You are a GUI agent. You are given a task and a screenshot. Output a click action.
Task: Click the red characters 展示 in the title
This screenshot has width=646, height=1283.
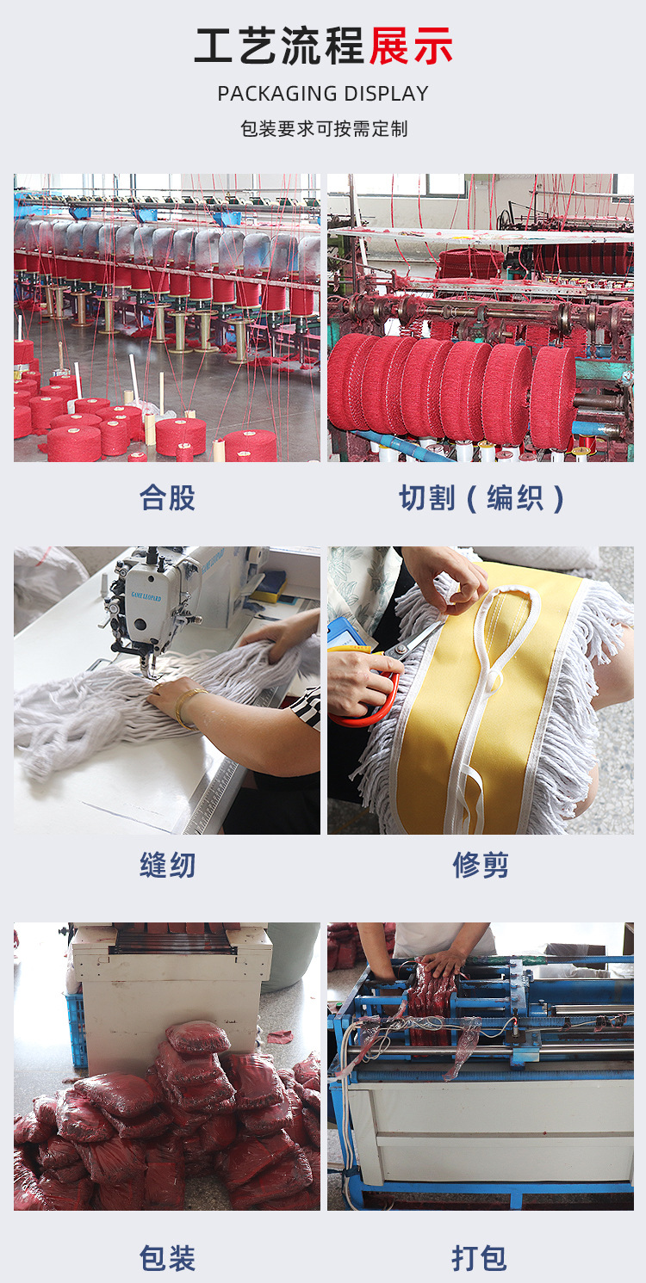411,46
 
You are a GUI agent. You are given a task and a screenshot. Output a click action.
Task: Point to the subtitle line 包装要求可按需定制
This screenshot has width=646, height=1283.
323,129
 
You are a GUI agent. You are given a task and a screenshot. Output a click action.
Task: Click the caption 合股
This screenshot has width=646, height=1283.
167,497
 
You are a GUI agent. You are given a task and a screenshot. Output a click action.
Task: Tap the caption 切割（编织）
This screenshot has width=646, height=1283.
481,497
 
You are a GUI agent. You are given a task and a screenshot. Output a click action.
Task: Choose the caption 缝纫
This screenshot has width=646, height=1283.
167,865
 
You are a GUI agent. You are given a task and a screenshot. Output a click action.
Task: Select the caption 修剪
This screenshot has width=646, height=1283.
481,865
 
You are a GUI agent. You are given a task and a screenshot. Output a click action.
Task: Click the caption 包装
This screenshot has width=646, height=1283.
167,1258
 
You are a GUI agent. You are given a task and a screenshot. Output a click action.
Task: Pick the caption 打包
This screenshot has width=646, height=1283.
481,1258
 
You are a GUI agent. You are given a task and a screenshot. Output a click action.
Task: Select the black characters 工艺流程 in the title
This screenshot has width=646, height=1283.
281,46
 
